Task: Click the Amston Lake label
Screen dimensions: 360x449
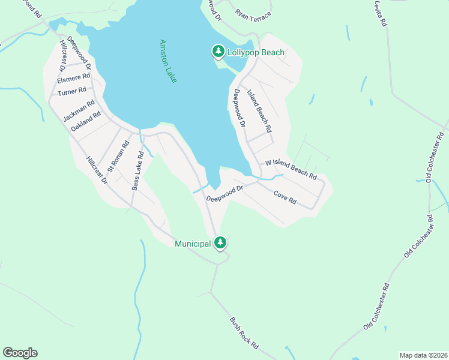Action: [168, 61]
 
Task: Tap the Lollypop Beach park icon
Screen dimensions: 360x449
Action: [218, 52]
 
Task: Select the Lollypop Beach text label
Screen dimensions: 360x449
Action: [256, 53]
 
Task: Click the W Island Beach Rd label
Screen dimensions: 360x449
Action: [291, 170]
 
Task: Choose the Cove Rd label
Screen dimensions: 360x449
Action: [285, 197]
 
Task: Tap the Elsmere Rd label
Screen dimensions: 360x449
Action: [73, 78]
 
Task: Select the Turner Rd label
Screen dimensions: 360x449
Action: [72, 92]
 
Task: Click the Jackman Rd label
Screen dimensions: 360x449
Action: [79, 111]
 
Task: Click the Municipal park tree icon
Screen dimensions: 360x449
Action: [220, 242]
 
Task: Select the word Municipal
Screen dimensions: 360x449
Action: [193, 244]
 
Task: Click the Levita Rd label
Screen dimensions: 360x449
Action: [379, 13]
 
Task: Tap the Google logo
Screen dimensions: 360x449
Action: [20, 353]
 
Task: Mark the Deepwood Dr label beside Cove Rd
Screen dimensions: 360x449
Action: [224, 193]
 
